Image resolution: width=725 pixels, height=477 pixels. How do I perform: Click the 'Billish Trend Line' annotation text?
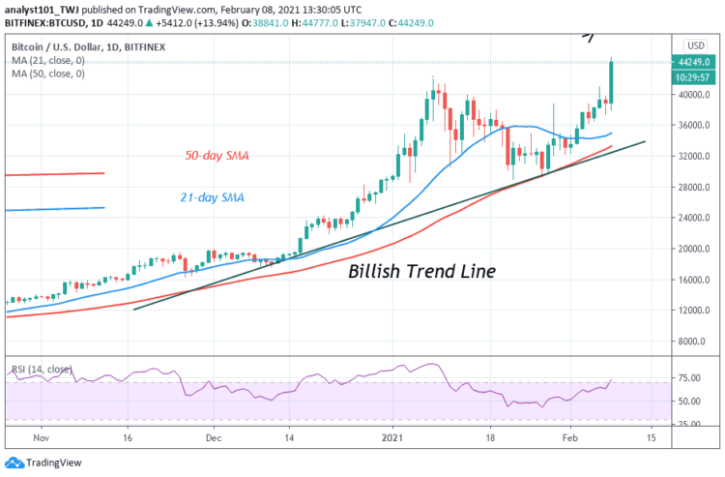pos(421,272)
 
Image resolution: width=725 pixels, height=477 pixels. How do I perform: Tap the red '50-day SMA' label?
pos(218,155)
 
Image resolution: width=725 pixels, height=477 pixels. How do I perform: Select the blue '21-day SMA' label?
pos(213,197)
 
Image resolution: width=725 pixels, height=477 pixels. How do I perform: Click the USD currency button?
pos(694,45)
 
